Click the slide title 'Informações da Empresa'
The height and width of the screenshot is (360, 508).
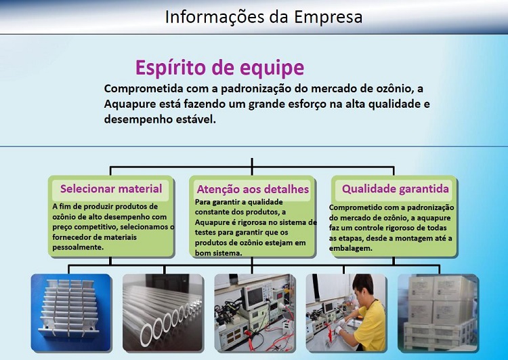pyautogui.click(x=263, y=17)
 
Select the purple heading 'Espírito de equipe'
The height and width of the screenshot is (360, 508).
pyautogui.click(x=219, y=68)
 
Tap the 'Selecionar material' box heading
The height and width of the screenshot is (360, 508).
pyautogui.click(x=111, y=188)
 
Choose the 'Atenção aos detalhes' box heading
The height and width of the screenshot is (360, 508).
pyautogui.click(x=253, y=189)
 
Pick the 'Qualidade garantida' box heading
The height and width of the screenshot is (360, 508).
pyautogui.click(x=396, y=188)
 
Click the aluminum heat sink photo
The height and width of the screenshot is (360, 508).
pyautogui.click(x=71, y=313)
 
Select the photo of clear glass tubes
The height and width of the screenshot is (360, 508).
pyautogui.click(x=163, y=313)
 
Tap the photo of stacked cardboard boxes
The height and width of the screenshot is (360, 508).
pyautogui.click(x=438, y=313)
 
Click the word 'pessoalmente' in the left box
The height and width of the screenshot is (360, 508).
pyautogui.click(x=77, y=247)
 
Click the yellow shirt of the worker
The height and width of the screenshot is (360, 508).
pyautogui.click(x=372, y=327)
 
